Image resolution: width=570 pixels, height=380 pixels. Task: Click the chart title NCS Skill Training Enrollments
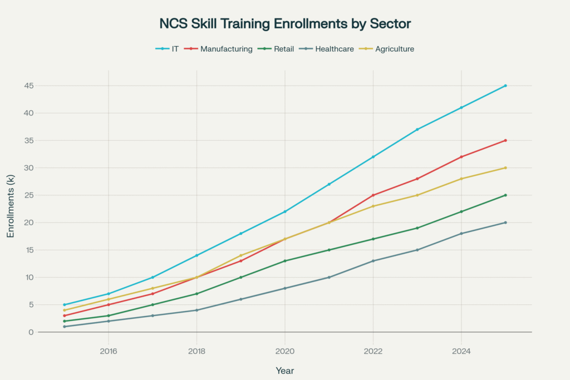tap(285, 24)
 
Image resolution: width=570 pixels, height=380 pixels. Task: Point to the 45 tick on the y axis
tap(28, 86)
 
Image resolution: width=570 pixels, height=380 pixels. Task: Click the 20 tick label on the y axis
tap(28, 223)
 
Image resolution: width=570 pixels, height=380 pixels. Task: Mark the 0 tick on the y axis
tap(31, 332)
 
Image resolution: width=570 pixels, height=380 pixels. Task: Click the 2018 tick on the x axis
tap(196, 351)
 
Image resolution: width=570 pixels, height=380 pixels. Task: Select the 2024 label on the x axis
tap(461, 351)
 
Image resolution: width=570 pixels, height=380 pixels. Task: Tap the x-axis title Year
tap(285, 371)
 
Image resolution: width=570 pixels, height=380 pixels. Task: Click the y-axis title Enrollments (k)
tap(11, 206)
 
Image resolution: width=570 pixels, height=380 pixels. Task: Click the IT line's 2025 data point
tap(505, 86)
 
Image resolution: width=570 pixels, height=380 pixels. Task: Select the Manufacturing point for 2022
tap(373, 195)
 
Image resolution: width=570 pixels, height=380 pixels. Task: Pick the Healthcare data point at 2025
tap(505, 223)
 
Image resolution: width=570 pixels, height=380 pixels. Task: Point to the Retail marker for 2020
tap(285, 261)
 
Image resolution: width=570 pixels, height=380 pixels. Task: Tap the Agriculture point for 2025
tap(505, 168)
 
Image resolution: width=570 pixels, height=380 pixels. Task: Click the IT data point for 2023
tap(417, 130)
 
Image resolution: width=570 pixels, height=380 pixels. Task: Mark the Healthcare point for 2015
tap(65, 327)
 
